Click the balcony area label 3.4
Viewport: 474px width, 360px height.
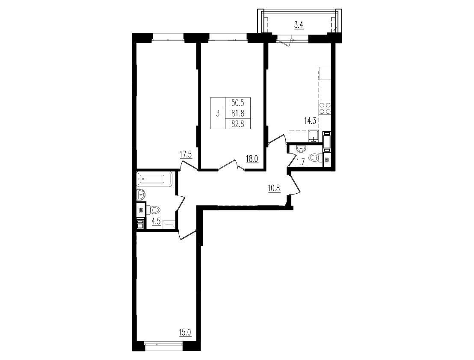[299, 25]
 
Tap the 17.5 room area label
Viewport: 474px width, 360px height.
[186, 155]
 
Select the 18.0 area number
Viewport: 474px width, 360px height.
[252, 159]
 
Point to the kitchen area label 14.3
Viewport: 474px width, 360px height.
[310, 121]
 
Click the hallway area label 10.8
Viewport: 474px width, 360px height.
[274, 189]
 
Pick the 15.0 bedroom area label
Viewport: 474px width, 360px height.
[185, 333]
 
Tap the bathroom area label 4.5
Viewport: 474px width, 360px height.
[156, 221]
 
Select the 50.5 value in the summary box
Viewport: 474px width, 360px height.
[237, 103]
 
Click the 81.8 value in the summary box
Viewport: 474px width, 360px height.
[238, 113]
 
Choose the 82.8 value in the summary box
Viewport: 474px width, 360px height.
[238, 123]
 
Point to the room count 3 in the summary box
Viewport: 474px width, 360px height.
[218, 114]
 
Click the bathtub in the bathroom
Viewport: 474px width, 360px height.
[154, 179]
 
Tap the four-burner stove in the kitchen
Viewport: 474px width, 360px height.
[325, 108]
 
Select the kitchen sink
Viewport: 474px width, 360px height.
[314, 136]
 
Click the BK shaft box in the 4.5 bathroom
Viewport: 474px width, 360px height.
[141, 210]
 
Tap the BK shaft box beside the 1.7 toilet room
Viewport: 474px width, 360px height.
[327, 160]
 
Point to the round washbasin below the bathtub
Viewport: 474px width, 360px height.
[140, 195]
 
